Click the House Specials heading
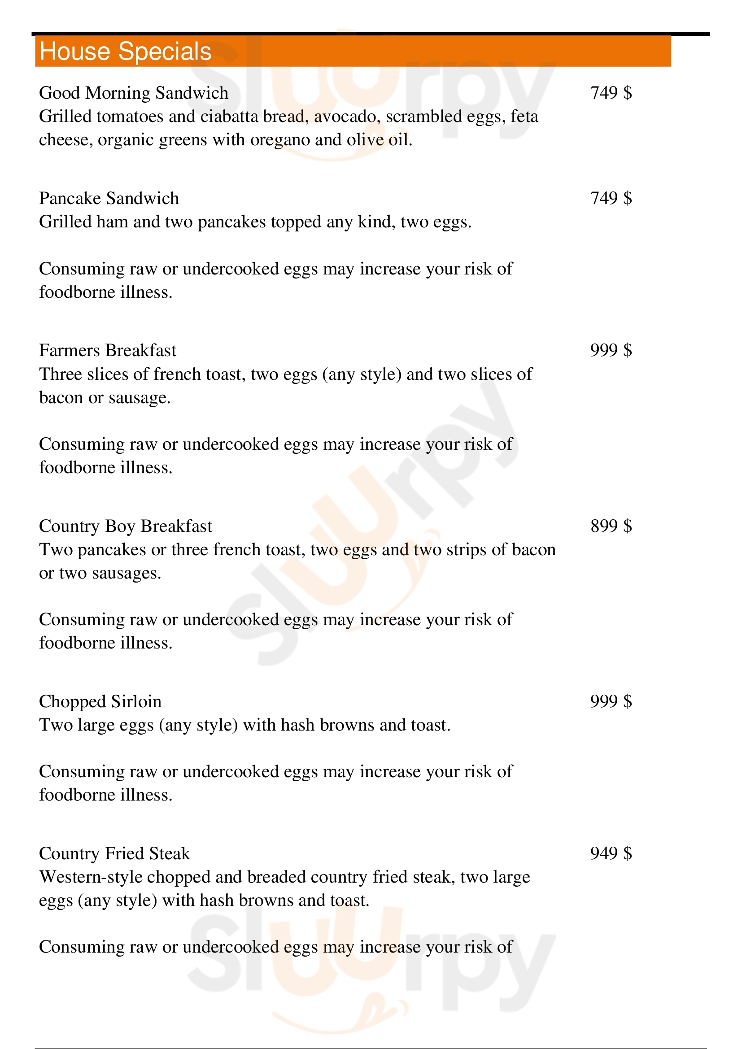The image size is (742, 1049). [x=126, y=51]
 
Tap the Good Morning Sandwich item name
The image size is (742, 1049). [x=133, y=93]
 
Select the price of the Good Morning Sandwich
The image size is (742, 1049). [x=611, y=93]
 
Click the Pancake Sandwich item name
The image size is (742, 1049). [x=109, y=198]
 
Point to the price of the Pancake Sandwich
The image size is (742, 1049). [x=611, y=198]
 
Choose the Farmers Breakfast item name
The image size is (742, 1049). [x=107, y=350]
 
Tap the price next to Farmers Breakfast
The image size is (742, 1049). [x=611, y=350]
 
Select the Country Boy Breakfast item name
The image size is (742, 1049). [x=126, y=527]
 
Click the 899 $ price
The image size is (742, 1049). [x=611, y=527]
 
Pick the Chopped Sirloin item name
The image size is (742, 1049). [x=100, y=702]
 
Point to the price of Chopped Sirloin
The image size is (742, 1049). [x=611, y=702]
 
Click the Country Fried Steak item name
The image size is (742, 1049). [x=114, y=853]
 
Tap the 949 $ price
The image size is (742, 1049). [x=611, y=853]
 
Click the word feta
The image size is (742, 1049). [x=524, y=117]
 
